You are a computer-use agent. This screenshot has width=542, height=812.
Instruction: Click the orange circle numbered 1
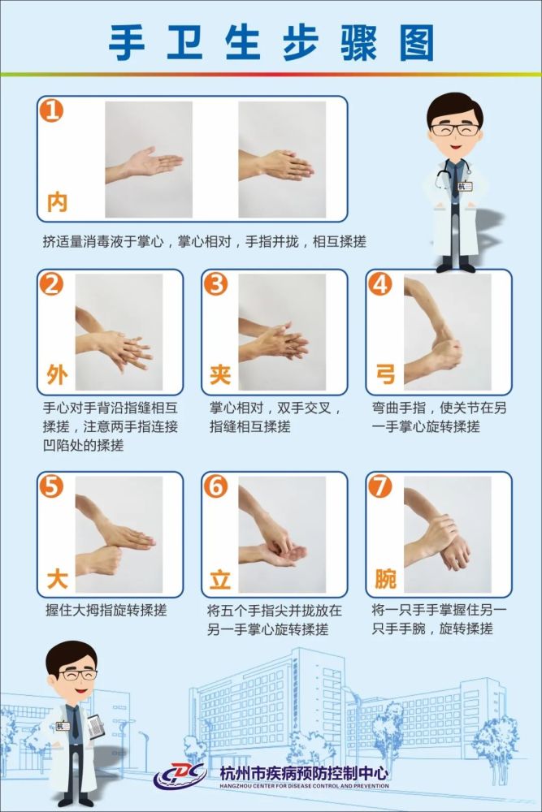point(52,110)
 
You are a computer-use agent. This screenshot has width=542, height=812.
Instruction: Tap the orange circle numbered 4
point(379,283)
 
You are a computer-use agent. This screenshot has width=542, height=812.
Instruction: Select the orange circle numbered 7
point(379,486)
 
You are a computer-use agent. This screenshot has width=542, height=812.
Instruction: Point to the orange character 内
point(57,202)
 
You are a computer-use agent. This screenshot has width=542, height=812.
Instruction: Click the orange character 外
point(57,374)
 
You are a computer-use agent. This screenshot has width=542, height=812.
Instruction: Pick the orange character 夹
point(220,374)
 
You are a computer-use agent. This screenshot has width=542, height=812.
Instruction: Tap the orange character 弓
point(385,374)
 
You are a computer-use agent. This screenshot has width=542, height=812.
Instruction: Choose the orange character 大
point(57,578)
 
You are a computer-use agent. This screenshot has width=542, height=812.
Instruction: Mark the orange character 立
point(220,578)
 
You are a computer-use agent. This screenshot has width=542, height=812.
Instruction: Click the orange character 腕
point(385,578)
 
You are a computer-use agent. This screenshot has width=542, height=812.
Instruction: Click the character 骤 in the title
point(358,44)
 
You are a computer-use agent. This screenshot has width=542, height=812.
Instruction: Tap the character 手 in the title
point(127,44)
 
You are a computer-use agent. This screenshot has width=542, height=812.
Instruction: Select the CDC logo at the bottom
point(180,776)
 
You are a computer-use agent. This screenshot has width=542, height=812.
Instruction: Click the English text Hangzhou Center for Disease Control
point(304,786)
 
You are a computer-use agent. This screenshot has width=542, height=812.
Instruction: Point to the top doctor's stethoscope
point(453,174)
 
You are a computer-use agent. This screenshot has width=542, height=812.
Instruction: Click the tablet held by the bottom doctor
point(95,726)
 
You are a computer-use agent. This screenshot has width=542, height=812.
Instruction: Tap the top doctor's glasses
point(455,129)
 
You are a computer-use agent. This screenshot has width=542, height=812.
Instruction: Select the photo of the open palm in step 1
point(149,159)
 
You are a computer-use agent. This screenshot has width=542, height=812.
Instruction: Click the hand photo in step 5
point(119,534)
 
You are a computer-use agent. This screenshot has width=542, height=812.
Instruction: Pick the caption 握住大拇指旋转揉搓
point(106,610)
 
